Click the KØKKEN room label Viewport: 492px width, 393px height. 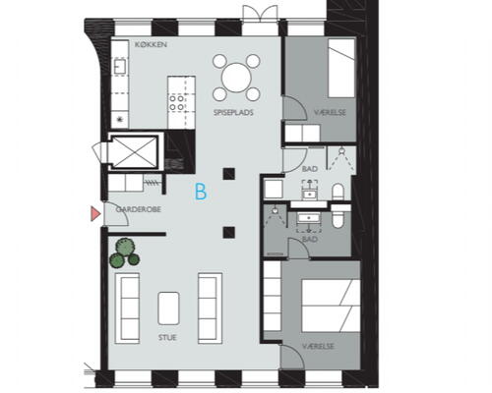(151, 44)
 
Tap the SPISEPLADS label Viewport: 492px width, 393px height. (233, 113)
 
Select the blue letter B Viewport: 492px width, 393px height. (201, 192)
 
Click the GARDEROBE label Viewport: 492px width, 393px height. (139, 209)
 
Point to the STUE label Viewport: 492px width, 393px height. (167, 337)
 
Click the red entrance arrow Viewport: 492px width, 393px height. (95, 214)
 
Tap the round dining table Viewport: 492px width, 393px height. (236, 78)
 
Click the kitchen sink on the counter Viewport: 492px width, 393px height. (120, 66)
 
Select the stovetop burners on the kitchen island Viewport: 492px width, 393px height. (177, 102)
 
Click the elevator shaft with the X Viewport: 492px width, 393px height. (133, 151)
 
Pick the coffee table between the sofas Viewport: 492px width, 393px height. (168, 309)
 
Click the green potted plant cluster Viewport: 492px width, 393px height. (124, 253)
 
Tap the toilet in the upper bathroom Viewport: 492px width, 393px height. (338, 192)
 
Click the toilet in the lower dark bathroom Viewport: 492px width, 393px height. (338, 217)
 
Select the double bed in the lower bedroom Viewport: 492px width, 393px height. (331, 306)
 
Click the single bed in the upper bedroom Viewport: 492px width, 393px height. (341, 68)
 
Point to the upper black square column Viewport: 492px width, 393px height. (229, 174)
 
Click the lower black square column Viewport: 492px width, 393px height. (229, 233)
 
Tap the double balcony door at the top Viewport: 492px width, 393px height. (260, 14)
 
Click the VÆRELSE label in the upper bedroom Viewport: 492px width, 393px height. (330, 112)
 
